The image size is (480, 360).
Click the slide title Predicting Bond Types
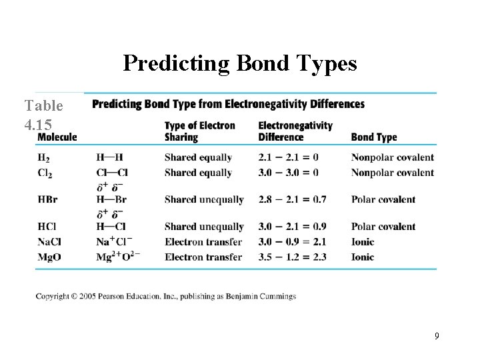click(x=240, y=63)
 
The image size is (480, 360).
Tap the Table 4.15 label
click(x=43, y=114)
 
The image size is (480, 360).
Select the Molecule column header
click(x=57, y=137)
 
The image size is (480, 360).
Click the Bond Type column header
click(x=373, y=137)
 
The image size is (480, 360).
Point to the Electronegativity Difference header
click(x=295, y=131)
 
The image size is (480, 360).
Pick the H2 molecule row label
click(x=43, y=158)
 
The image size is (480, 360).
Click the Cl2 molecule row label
click(x=45, y=173)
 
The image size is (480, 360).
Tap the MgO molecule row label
click(x=49, y=257)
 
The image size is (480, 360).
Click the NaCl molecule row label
click(x=49, y=242)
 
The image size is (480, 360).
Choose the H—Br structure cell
click(x=111, y=199)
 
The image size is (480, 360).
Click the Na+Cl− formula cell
click(x=113, y=241)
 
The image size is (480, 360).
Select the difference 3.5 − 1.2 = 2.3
click(x=292, y=257)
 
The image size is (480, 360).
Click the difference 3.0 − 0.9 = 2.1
click(x=292, y=242)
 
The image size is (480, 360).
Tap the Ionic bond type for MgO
click(x=363, y=257)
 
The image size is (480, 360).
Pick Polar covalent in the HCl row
click(x=383, y=227)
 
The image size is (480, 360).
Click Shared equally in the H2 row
click(x=198, y=158)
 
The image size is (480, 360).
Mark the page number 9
click(x=437, y=336)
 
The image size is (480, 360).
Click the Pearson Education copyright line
click(x=166, y=296)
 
